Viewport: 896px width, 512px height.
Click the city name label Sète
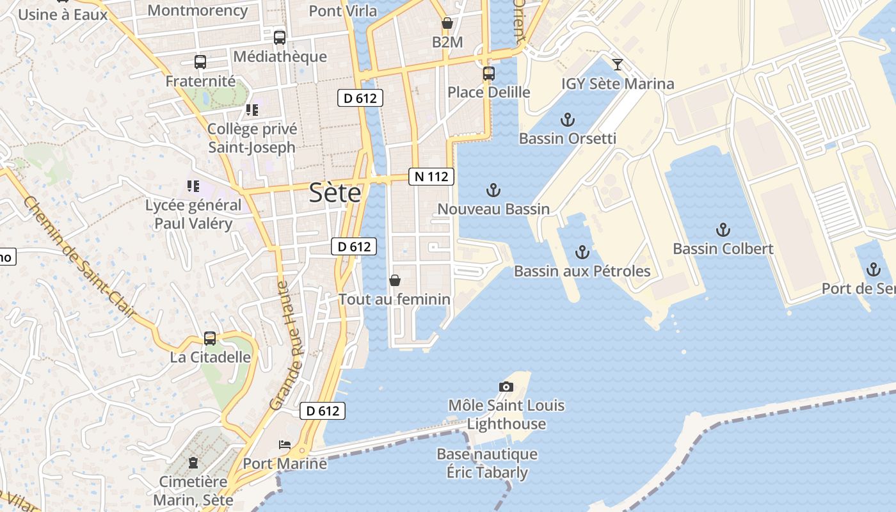[x=335, y=193]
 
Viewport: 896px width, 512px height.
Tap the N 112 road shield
[x=431, y=177]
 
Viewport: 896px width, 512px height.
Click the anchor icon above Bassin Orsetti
[x=567, y=120]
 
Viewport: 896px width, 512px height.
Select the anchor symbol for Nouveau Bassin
[x=493, y=190]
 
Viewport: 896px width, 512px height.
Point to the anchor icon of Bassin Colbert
[x=723, y=230]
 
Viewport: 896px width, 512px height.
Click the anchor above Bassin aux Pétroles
[x=582, y=252]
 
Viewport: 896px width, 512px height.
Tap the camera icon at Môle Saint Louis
[x=506, y=387]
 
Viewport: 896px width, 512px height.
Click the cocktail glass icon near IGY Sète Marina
[x=617, y=65]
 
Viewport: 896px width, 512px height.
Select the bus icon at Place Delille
[x=489, y=74]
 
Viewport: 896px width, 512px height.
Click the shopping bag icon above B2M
[x=447, y=24]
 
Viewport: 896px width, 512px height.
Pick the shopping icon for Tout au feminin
[x=395, y=280]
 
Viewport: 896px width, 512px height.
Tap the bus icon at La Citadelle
[x=209, y=339]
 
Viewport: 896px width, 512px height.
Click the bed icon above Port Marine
[x=285, y=445]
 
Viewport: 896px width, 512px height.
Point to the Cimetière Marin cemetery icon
[x=193, y=462]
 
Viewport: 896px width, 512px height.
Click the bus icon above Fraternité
[x=200, y=62]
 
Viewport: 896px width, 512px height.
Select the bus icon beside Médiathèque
[x=280, y=38]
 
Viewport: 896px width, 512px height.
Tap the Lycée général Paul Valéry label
[x=193, y=214]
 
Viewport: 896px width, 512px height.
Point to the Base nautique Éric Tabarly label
[x=487, y=463]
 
